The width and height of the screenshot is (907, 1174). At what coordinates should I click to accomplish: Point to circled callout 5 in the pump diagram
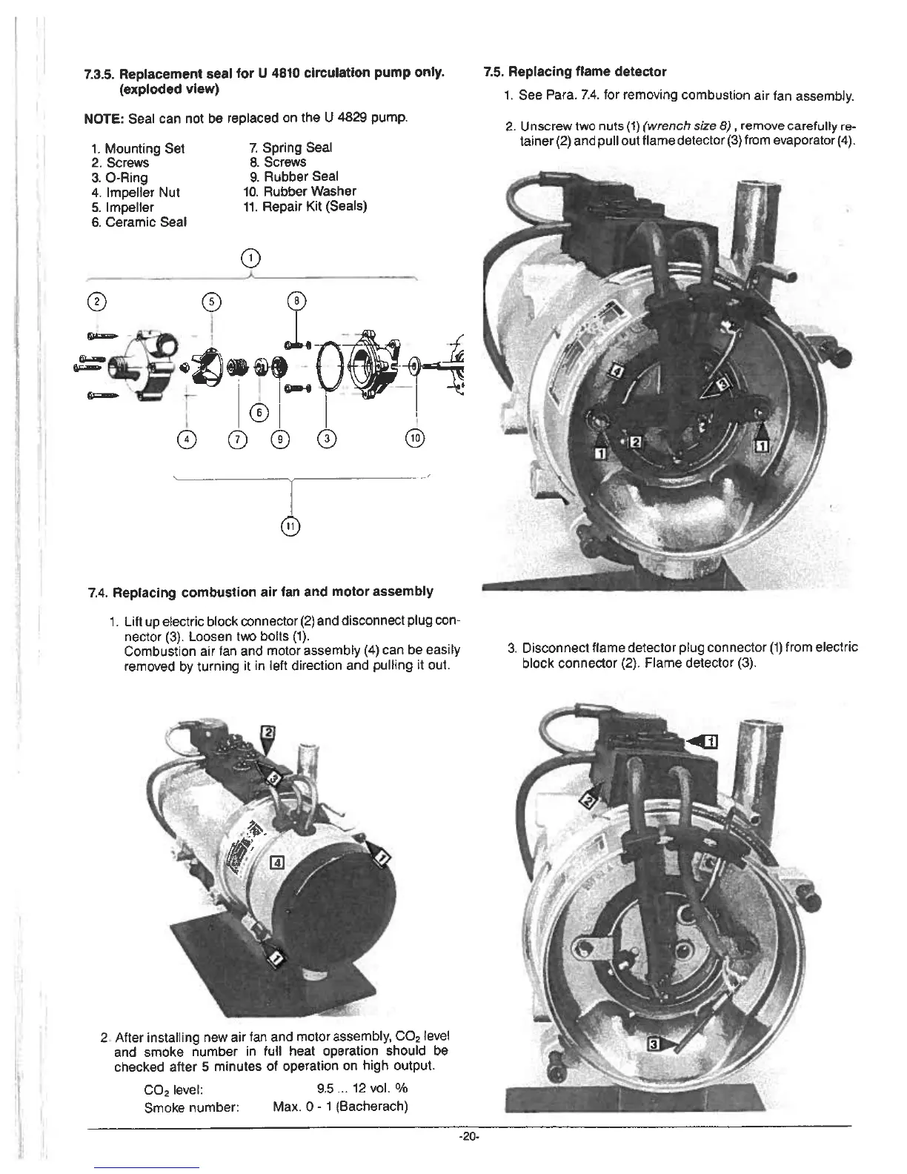pos(212,302)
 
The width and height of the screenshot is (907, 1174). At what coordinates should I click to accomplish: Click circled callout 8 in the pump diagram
pos(296,302)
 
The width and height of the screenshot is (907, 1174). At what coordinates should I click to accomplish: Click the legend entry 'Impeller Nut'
pos(142,192)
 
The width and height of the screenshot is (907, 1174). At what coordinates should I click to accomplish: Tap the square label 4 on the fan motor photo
pos(278,863)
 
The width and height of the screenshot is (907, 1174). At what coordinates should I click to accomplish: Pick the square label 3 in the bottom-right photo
pos(653,1044)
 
